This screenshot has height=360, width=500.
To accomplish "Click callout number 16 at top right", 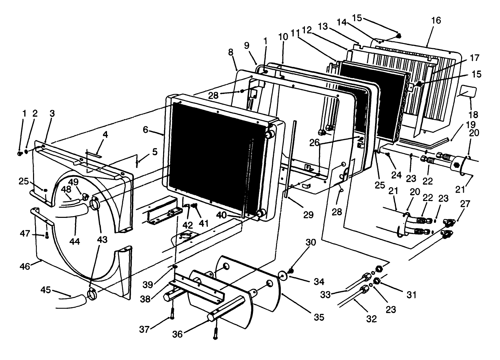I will [x=436, y=20].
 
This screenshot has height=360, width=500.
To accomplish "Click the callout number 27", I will [x=465, y=203].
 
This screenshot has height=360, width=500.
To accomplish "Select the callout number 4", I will [x=105, y=135].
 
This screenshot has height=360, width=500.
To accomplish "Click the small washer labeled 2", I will [x=26, y=152].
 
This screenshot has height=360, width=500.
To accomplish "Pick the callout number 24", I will [x=396, y=175].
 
